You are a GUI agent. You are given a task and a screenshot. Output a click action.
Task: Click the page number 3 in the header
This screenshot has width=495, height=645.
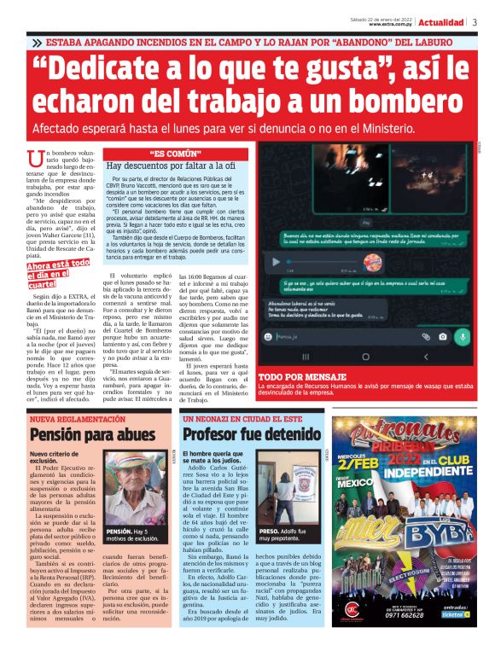[475, 22]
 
